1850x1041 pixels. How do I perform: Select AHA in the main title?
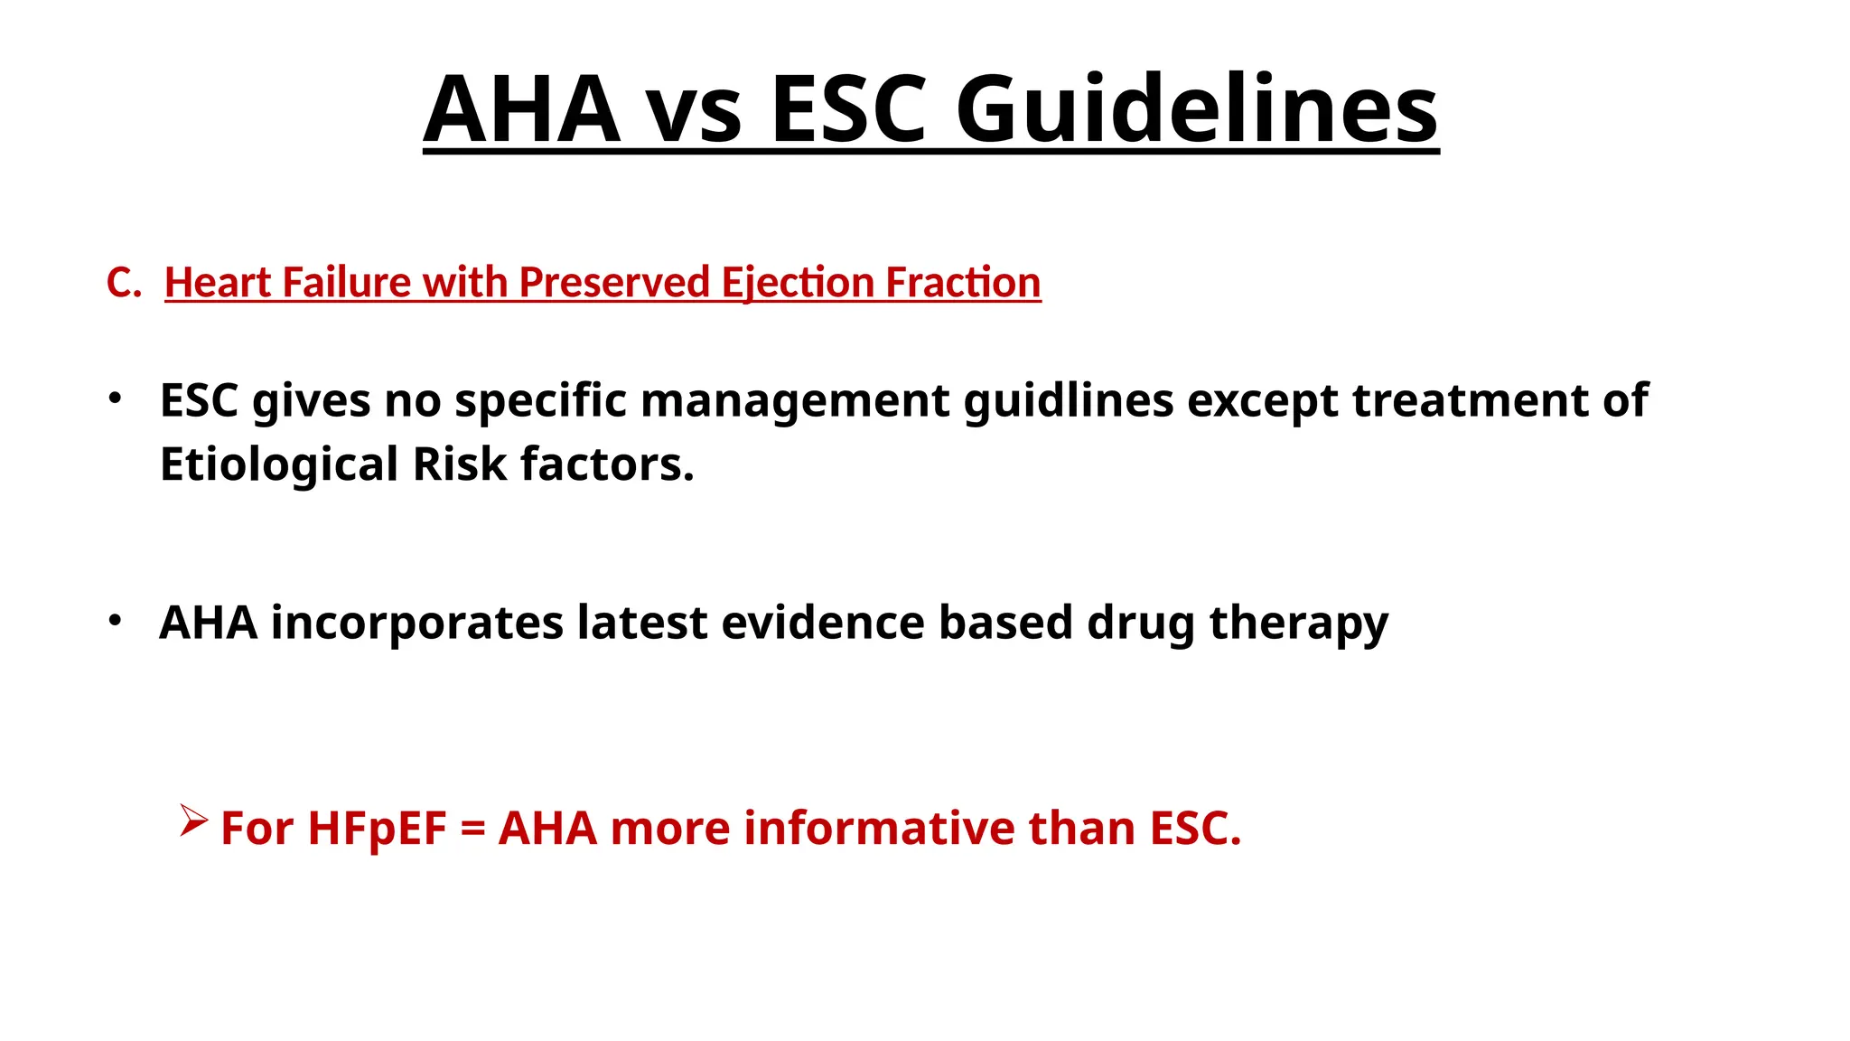click(521, 109)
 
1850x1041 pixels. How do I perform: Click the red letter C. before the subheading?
click(124, 283)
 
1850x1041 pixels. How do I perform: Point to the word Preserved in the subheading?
click(614, 283)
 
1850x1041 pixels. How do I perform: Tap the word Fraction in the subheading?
click(962, 283)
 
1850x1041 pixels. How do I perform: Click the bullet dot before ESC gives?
click(114, 399)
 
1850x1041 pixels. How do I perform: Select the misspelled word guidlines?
click(1069, 400)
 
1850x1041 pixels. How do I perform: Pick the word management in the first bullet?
click(795, 400)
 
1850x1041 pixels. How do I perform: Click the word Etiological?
click(279, 464)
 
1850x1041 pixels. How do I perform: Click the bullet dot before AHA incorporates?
click(114, 621)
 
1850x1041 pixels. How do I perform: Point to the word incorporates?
click(416, 624)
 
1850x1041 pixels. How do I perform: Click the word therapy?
click(1298, 624)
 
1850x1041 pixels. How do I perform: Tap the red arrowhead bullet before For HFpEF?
click(193, 821)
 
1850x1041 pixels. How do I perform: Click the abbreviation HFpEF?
click(377, 828)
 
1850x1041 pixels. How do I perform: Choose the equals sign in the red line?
click(472, 830)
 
